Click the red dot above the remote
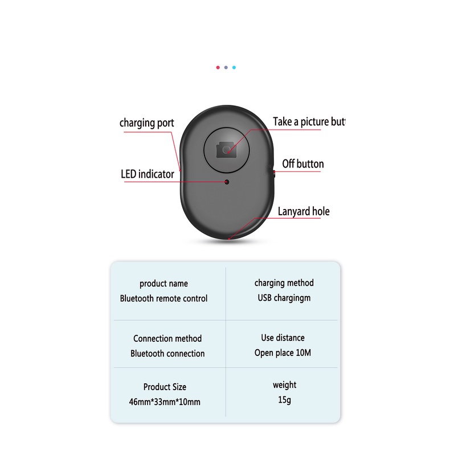coord(218,67)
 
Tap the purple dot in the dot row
coord(226,67)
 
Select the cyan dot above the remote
coord(234,67)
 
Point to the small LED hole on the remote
coord(227,182)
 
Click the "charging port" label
coord(146,123)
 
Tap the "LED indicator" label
coord(147,174)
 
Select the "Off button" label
coord(302,164)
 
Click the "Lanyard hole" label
coord(303,212)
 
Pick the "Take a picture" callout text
coord(309,121)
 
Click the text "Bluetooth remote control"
coord(163,298)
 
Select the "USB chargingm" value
coord(284,298)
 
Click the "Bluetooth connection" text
coord(167,353)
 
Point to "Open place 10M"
coord(283,353)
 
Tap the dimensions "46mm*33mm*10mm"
coord(165,402)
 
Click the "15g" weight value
coord(284,400)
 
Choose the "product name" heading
coord(163,284)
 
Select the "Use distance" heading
coord(283,338)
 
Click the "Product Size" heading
coord(165,387)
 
